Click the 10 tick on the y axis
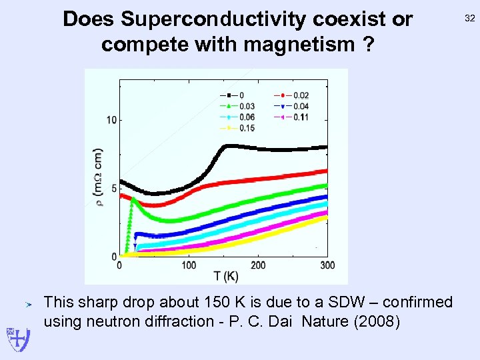coord(112,120)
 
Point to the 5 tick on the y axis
coord(114,189)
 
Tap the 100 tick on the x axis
coord(189,265)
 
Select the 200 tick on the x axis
coord(258,265)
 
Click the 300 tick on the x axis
coord(327,265)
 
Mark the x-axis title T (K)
coord(226,276)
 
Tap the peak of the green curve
coord(133,198)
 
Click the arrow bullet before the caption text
coord(29,304)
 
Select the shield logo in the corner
coord(14,340)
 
